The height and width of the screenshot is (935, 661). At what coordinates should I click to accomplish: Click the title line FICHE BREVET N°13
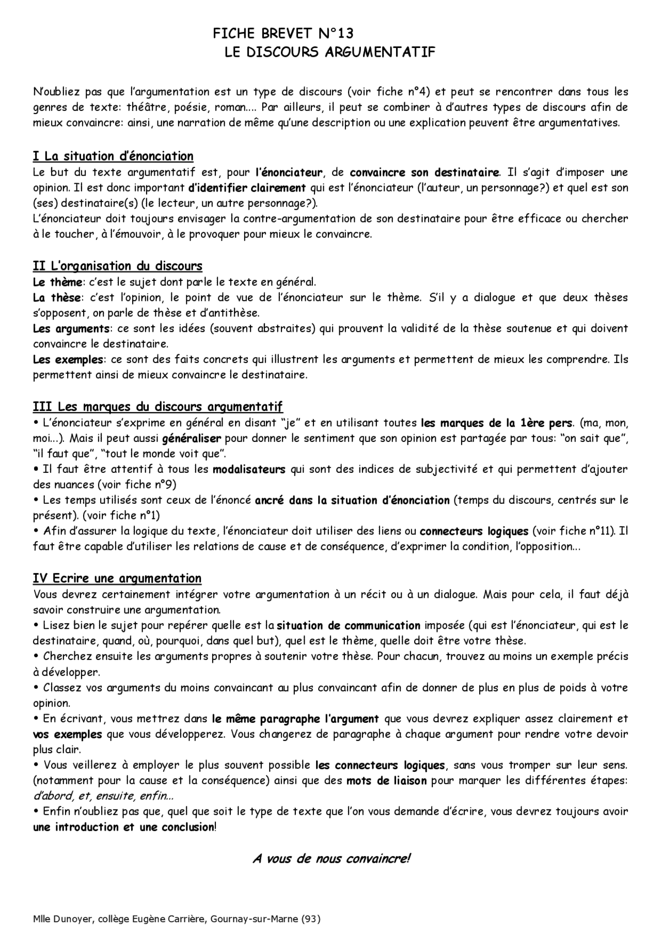click(x=283, y=34)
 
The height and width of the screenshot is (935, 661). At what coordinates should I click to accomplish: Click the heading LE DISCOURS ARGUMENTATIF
click(x=330, y=52)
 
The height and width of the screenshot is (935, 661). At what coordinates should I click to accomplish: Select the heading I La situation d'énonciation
click(x=113, y=156)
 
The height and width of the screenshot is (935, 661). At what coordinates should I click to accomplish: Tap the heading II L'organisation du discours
click(x=117, y=266)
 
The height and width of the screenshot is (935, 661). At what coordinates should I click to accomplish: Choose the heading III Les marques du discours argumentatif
click(x=158, y=407)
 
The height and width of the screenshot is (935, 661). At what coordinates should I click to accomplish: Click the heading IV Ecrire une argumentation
click(x=117, y=578)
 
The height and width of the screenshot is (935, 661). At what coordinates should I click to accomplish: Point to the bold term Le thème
click(x=57, y=282)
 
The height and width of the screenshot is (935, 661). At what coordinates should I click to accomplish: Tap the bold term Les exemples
click(x=68, y=360)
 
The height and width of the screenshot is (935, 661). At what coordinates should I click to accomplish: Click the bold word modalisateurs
click(x=249, y=470)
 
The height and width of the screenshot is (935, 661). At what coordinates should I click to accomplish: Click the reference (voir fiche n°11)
click(x=573, y=531)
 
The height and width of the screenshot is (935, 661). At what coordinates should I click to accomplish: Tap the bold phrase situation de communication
click(x=349, y=626)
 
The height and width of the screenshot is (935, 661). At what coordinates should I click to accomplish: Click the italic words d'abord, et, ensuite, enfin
click(x=103, y=796)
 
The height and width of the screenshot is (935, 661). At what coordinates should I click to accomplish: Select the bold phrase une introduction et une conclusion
click(x=123, y=827)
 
